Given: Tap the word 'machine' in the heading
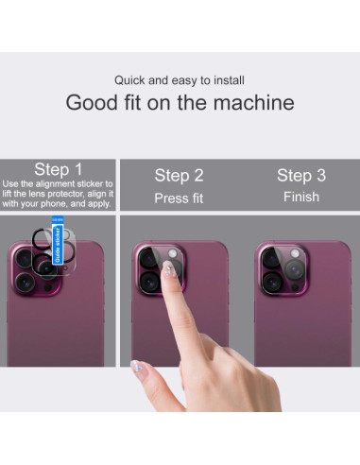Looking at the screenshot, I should pos(257,103).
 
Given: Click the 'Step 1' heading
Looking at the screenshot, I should pos(59,169).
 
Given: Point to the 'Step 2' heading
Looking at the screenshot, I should pos(179,175).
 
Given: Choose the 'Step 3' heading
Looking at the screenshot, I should pos(300,175).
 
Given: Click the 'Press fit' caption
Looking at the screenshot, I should pos(179,198).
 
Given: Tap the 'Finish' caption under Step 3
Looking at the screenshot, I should pos(300,198).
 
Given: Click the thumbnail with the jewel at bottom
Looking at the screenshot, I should pos(137,365).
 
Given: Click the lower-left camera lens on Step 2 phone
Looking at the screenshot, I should pos(149,282).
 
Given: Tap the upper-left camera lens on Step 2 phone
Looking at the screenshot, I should pos(149,256).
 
